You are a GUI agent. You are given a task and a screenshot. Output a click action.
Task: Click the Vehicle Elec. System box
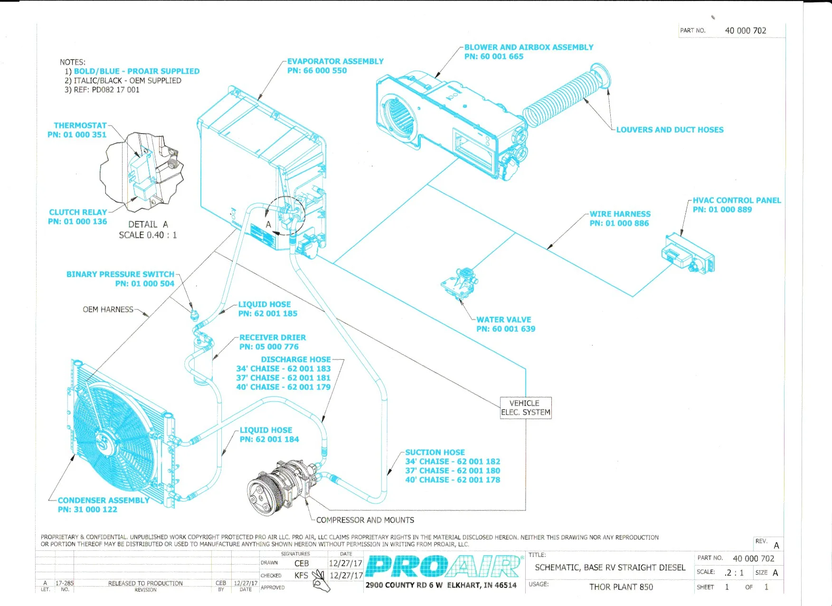click(x=526, y=408)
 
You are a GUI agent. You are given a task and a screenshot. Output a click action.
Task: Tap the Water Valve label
click(x=503, y=320)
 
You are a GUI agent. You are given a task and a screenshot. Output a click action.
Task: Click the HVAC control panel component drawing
click(x=688, y=254)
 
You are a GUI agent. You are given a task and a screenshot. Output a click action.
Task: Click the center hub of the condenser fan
click(x=106, y=443)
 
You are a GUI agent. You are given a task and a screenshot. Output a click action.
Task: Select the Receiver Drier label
click(x=272, y=337)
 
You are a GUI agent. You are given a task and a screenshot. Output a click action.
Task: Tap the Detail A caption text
click(x=148, y=224)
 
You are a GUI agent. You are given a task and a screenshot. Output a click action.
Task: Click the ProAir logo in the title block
click(x=442, y=567)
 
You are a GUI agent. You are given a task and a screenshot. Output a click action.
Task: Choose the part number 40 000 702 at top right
click(x=746, y=30)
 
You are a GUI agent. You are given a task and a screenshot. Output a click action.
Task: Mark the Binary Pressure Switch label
click(x=120, y=274)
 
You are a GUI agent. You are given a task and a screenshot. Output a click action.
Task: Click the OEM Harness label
click(x=108, y=309)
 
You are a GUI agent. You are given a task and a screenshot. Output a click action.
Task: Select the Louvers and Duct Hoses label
click(x=670, y=130)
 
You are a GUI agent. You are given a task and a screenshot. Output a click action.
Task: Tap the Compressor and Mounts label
click(x=365, y=520)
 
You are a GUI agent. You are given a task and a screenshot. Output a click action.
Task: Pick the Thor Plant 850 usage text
click(x=621, y=587)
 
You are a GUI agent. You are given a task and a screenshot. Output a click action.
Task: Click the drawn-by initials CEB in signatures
click(x=302, y=563)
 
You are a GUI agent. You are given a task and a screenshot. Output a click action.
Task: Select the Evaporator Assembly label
click(x=335, y=61)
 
